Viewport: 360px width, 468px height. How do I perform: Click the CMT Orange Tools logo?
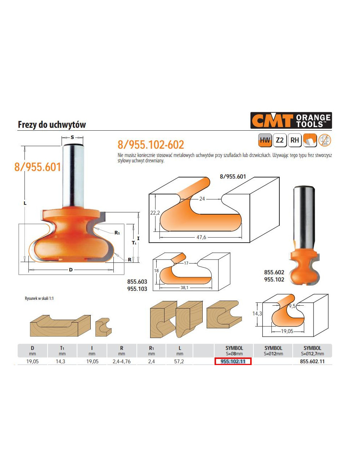click(x=291, y=121)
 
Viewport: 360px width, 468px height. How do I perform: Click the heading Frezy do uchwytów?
click(x=52, y=125)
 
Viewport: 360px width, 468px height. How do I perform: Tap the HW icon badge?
click(x=265, y=140)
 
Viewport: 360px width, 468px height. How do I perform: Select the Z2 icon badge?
click(x=280, y=140)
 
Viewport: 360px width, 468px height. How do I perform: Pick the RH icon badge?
click(x=294, y=140)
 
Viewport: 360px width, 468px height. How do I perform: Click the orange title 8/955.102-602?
click(x=150, y=145)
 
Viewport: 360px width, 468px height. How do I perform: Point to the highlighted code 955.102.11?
click(x=233, y=361)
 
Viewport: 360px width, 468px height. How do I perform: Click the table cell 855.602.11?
click(x=312, y=361)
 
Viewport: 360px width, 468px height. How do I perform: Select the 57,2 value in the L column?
click(x=179, y=361)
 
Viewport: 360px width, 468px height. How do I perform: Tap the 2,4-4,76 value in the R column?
click(x=122, y=361)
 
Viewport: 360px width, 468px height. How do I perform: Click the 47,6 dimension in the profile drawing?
click(x=201, y=237)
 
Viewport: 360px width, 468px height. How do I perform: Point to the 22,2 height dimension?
click(x=155, y=213)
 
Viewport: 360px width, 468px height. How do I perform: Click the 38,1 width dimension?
click(x=184, y=288)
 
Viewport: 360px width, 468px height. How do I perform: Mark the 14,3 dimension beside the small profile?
click(x=257, y=314)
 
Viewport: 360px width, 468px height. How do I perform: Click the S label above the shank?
click(x=72, y=137)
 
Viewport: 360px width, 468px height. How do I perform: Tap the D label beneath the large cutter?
click(x=71, y=270)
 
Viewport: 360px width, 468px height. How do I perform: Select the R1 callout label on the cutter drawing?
click(x=117, y=233)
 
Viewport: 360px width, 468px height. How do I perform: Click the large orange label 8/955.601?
click(x=38, y=167)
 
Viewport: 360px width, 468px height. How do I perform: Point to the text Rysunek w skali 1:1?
click(x=39, y=298)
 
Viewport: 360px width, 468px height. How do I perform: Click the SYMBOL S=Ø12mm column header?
click(x=273, y=351)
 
